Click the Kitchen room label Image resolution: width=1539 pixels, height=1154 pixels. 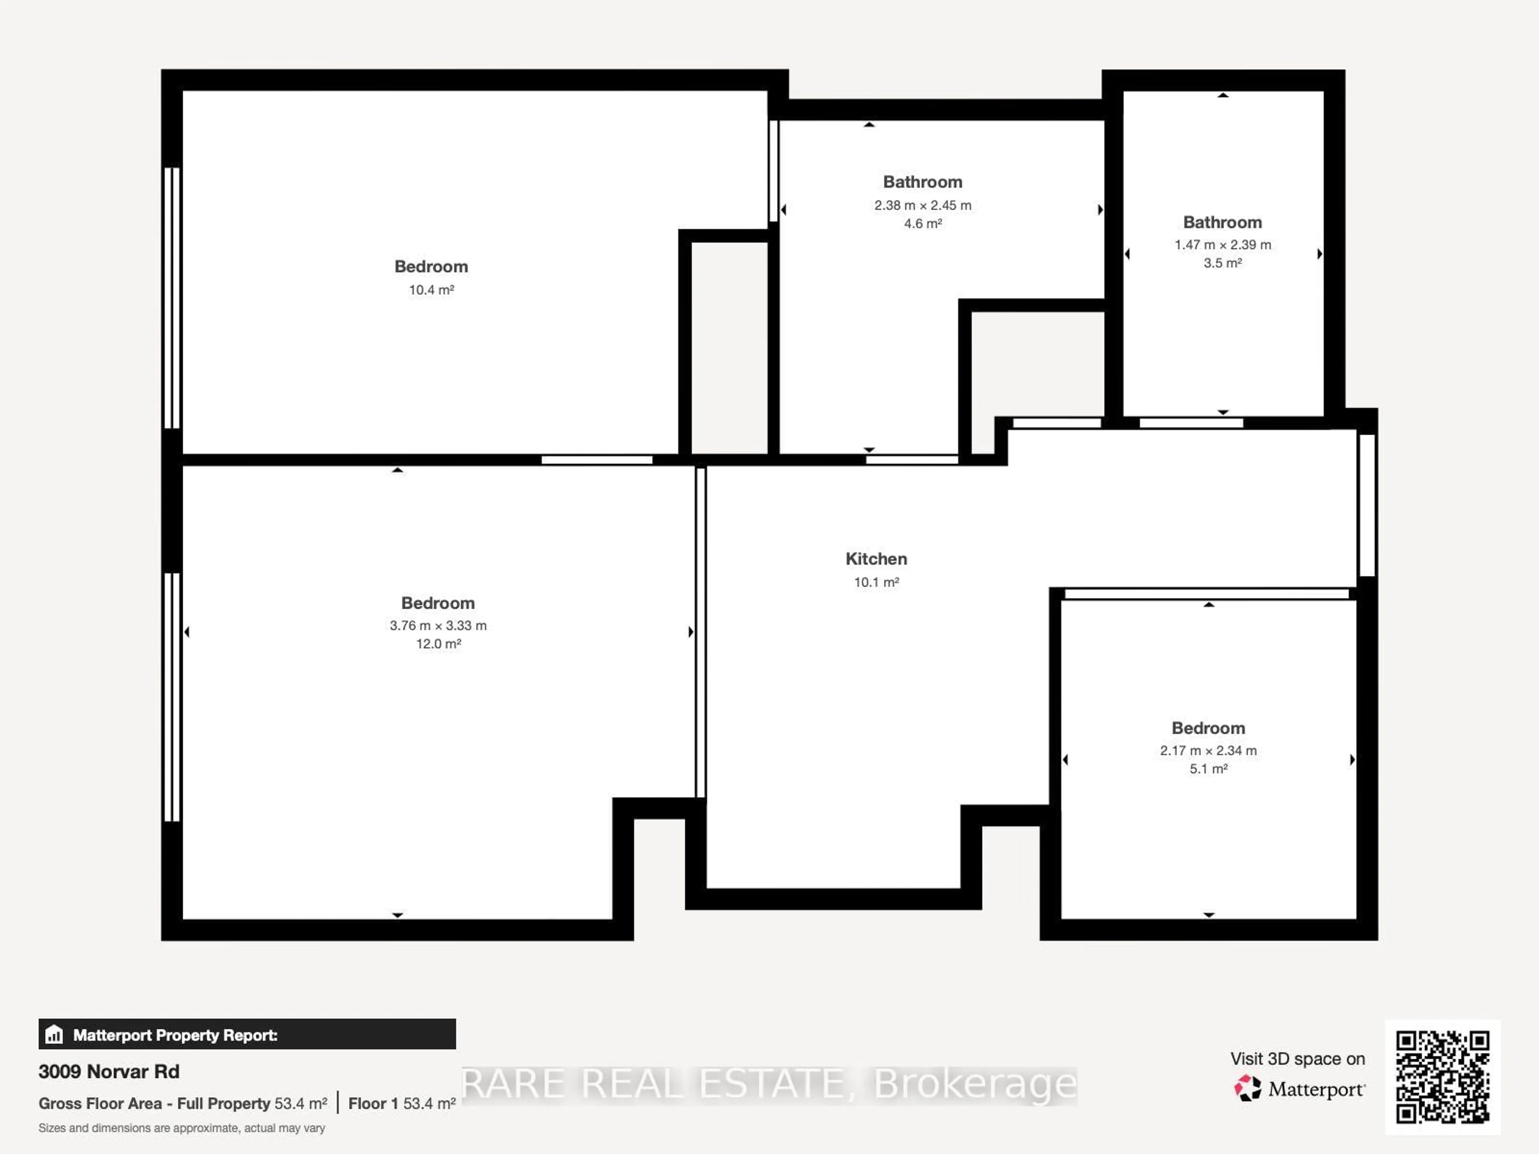pos(876,559)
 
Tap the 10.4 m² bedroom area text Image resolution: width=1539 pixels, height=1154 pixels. pos(431,290)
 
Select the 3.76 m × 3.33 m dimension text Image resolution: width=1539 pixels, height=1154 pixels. pos(438,625)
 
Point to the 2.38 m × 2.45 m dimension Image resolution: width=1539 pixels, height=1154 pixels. pos(923,205)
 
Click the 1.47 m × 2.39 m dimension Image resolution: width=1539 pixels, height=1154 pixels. pos(1222,245)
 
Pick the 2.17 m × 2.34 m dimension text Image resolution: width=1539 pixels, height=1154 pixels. pos(1208,751)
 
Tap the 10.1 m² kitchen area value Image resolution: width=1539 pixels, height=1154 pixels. pos(876,582)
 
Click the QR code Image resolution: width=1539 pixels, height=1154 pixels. pos(1442,1077)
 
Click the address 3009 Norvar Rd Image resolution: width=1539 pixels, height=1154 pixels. pos(109,1071)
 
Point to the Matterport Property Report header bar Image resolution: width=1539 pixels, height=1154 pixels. pos(247,1034)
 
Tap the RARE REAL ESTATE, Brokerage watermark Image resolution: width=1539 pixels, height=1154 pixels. pos(769,1084)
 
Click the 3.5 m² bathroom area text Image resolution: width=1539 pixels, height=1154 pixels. pos(1222,263)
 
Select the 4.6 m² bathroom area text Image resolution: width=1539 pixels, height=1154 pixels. pos(923,223)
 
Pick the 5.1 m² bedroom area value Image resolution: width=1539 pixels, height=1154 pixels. pos(1208,769)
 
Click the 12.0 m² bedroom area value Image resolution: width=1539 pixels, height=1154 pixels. pos(438,644)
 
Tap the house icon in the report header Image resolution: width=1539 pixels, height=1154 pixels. pos(54,1034)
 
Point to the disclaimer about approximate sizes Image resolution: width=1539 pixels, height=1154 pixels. pos(182,1128)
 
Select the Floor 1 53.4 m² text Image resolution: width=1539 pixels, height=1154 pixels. pos(402,1103)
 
